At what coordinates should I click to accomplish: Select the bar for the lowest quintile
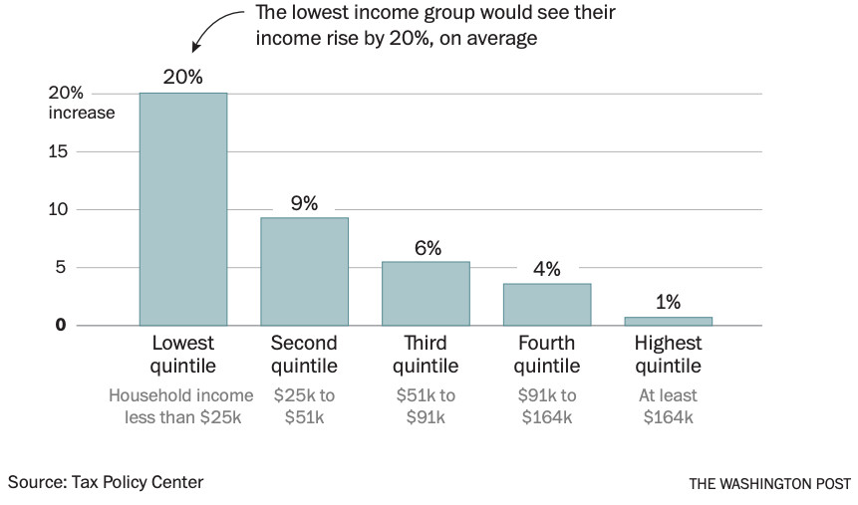click(x=183, y=209)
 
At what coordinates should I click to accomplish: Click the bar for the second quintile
click(x=304, y=271)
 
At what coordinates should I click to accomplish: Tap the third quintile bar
click(x=426, y=293)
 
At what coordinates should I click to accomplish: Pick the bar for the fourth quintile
click(x=547, y=304)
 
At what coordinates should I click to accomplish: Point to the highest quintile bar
click(x=669, y=321)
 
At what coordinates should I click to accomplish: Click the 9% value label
click(x=304, y=204)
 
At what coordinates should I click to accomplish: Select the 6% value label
click(x=428, y=249)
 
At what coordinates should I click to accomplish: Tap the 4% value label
click(x=547, y=270)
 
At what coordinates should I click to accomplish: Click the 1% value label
click(x=669, y=303)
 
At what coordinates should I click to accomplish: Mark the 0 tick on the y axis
click(x=61, y=325)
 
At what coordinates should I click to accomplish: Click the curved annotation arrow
click(x=214, y=28)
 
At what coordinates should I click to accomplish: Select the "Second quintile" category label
click(x=304, y=354)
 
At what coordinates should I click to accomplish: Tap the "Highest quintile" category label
click(x=668, y=354)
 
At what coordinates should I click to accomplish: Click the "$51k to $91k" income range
click(x=426, y=406)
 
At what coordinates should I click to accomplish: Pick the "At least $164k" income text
click(x=668, y=406)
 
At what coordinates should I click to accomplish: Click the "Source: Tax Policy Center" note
click(x=106, y=482)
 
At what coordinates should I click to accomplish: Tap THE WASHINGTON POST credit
click(x=769, y=483)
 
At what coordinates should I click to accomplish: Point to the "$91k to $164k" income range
click(x=547, y=406)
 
